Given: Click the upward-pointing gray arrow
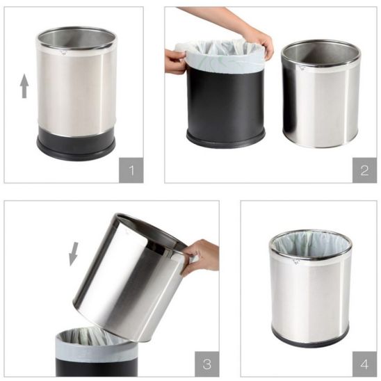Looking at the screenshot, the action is point(24,86).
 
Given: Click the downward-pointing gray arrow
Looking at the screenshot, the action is point(74,254).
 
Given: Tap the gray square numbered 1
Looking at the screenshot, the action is point(131,170).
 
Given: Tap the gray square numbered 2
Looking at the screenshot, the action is point(364,170).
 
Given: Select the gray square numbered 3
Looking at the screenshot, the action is point(207,364).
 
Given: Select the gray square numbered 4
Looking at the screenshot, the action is point(364,364).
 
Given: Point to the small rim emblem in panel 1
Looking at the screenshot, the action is point(63,52).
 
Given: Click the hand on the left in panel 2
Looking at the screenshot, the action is point(175,61).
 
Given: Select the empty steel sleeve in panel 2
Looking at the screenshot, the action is point(321,94).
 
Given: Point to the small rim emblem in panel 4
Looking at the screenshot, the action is point(296,261).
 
